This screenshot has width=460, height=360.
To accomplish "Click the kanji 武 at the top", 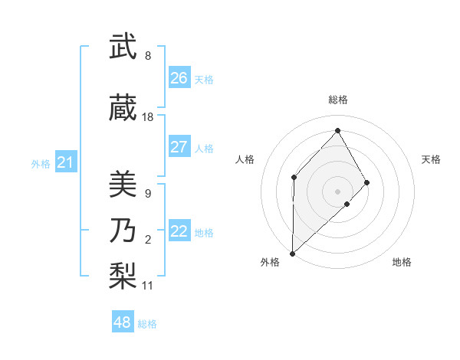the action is [x=122, y=48].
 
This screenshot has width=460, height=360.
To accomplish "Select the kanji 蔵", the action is [x=122, y=109].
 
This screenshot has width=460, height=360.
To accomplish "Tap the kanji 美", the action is [x=122, y=185].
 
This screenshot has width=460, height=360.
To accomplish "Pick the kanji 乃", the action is [x=122, y=230].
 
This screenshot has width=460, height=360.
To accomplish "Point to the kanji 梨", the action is [x=122, y=274].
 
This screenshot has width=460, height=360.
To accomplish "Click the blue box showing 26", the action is [x=179, y=78].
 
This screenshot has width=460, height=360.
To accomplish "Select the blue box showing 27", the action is [x=179, y=147].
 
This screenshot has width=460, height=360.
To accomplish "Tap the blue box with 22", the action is [x=179, y=231].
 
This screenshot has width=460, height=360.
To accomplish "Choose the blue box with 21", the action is [x=66, y=162].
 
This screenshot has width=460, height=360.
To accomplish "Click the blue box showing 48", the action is [x=123, y=322].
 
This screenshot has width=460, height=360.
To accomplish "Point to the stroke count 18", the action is [x=148, y=117].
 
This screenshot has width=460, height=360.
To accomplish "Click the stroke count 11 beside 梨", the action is [x=148, y=286].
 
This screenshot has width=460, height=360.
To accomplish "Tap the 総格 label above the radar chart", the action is [x=337, y=100].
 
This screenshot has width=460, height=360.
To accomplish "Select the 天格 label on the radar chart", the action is [x=432, y=159].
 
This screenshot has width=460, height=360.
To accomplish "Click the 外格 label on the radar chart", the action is [x=270, y=263].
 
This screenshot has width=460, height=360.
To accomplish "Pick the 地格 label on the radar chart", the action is [x=402, y=263].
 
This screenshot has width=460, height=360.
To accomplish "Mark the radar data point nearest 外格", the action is [x=292, y=254].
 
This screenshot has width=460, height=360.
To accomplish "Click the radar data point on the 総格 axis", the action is [x=337, y=130].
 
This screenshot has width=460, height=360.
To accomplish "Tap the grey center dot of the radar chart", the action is [x=337, y=191].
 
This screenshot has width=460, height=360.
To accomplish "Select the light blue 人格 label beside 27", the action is [x=204, y=148].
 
